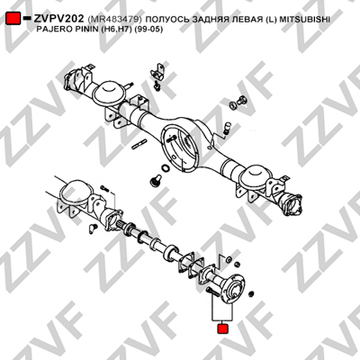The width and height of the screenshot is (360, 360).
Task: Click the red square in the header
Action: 13,19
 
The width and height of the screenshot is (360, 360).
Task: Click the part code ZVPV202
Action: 58,19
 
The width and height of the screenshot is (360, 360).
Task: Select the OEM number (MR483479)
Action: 114,20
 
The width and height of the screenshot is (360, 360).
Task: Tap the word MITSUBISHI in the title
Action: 305,20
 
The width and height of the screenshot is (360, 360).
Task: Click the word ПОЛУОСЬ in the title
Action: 165,20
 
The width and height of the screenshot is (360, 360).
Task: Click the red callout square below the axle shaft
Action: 222,328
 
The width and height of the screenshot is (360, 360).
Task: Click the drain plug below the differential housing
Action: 155,181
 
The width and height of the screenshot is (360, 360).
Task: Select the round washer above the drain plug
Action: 166,167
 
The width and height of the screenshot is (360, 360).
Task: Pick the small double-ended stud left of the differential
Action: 139,144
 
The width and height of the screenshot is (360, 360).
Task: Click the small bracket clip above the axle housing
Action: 159,72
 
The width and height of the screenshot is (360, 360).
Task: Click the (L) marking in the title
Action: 271,20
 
